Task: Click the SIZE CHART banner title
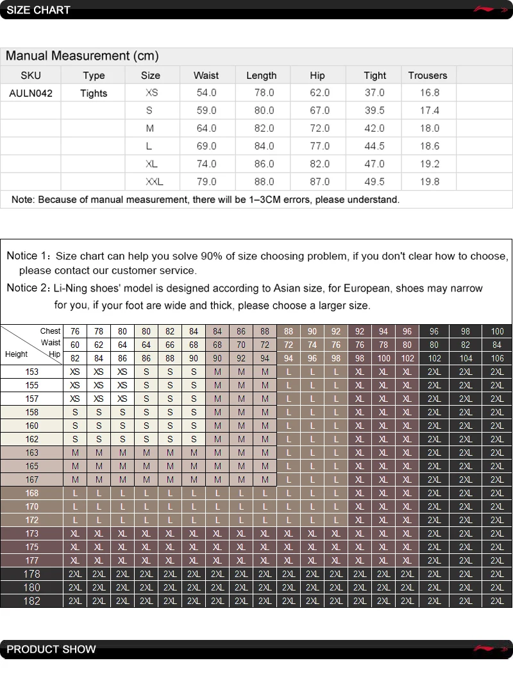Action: point(38,10)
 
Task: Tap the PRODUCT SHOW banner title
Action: point(51,650)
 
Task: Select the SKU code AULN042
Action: point(31,93)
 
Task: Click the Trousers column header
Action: point(427,75)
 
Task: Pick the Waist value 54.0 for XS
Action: point(206,93)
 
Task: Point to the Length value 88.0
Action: point(264,182)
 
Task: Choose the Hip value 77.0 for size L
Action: point(319,146)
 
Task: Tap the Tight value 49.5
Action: point(374,182)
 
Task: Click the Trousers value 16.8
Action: point(430,93)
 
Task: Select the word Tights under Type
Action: point(94,93)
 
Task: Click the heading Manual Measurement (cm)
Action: point(82,56)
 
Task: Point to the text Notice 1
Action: point(26,256)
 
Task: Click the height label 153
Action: point(31,372)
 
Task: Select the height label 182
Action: point(31,601)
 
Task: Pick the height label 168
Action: point(31,493)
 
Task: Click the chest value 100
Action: point(497,332)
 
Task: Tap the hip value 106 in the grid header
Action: point(497,358)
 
